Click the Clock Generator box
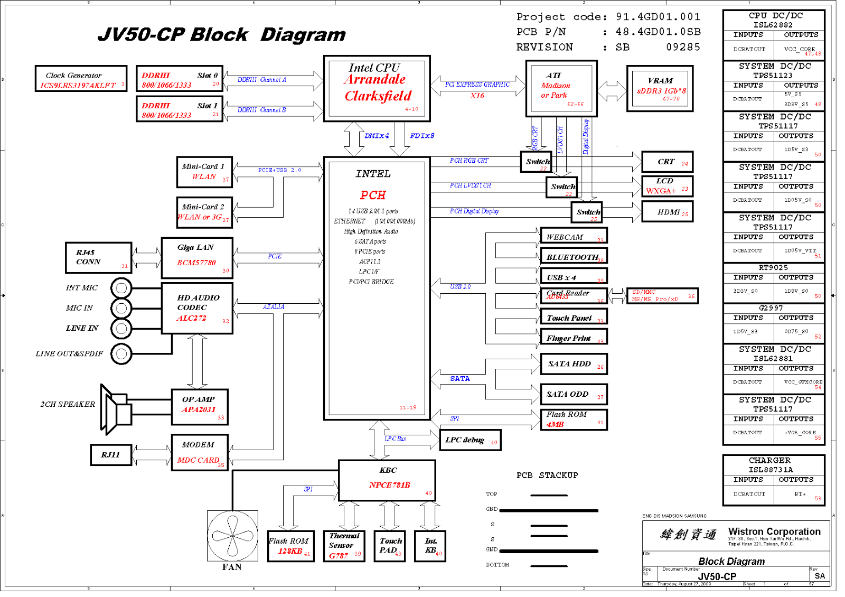click(81, 79)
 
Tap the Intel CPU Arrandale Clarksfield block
click(377, 88)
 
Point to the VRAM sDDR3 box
click(660, 89)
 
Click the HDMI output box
click(668, 212)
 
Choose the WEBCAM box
click(574, 236)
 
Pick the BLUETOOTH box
click(574, 256)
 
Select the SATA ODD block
click(574, 394)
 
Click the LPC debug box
click(470, 440)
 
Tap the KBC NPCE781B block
click(387, 480)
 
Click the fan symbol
click(232, 536)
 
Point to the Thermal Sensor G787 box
click(344, 546)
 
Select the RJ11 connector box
click(111, 454)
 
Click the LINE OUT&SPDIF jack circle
click(121, 353)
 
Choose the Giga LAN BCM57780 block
click(197, 257)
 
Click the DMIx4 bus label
click(377, 136)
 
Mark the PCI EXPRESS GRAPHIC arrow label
click(477, 85)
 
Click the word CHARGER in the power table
click(769, 460)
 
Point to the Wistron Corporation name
click(774, 531)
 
